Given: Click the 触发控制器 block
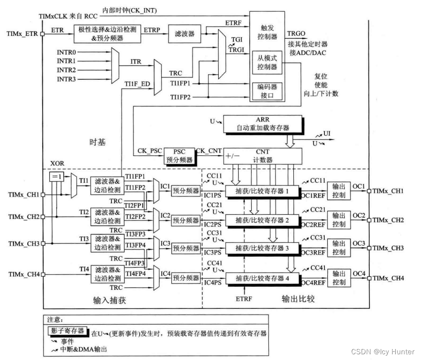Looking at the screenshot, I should (267, 32).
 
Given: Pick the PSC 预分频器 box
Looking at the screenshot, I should (182, 155).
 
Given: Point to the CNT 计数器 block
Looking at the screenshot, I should (263, 155).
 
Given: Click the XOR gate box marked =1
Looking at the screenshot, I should (56, 177).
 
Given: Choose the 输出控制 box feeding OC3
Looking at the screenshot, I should (339, 249).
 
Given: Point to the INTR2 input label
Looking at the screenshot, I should (67, 70).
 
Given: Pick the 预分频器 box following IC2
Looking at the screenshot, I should (186, 220).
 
